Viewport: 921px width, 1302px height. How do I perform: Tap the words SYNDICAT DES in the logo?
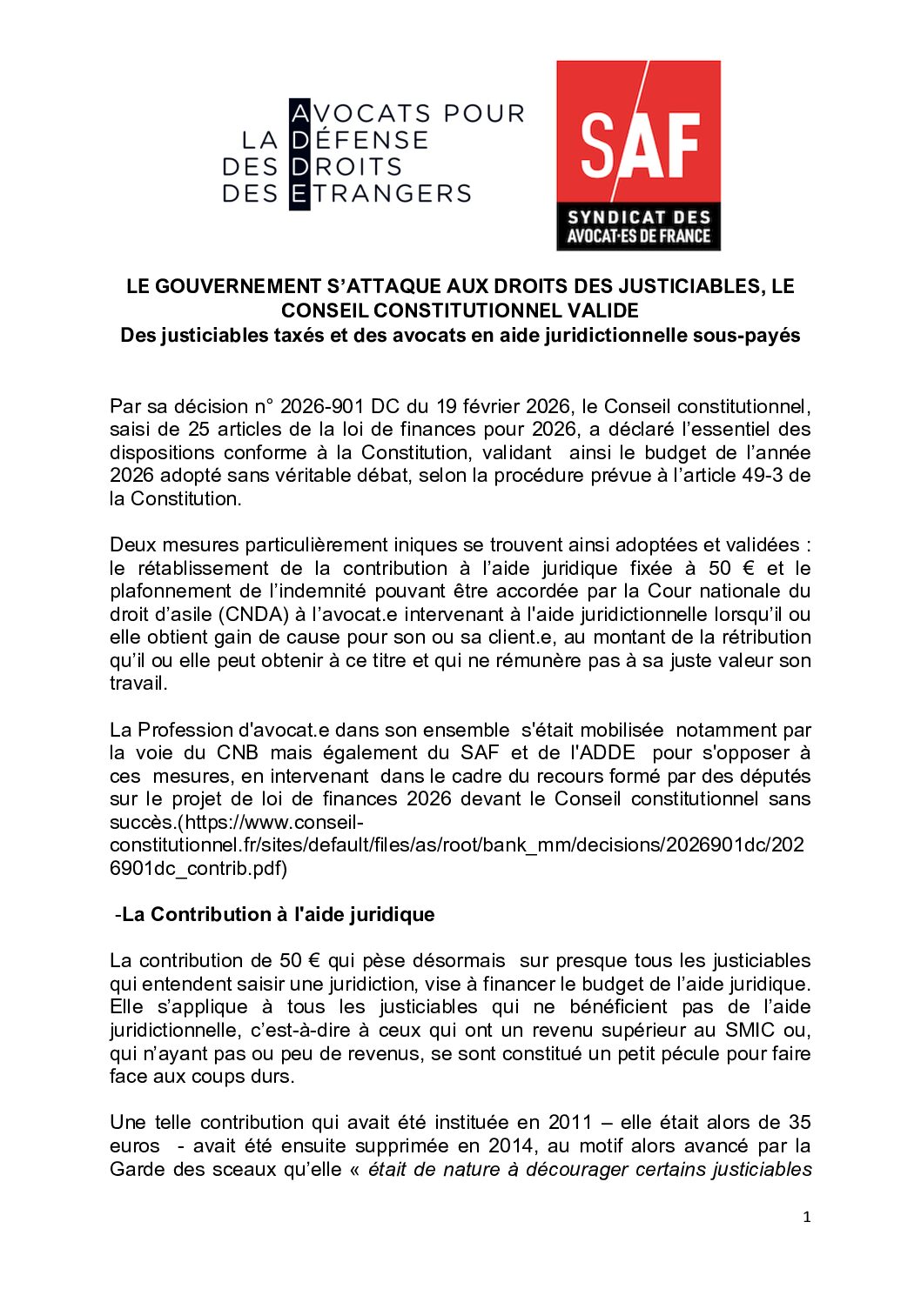coord(639,217)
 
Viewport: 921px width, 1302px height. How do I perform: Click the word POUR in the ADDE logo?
coord(484,114)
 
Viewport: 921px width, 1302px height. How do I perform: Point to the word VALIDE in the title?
coord(603,310)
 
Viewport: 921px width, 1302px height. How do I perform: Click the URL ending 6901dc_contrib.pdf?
coord(198,868)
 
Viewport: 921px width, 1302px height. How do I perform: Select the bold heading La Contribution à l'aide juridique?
coord(278,914)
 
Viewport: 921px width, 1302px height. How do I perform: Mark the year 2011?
coord(570,1122)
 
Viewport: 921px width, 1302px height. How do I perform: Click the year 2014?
coord(487,1145)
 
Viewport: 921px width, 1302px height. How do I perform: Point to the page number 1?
coord(806,1218)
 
